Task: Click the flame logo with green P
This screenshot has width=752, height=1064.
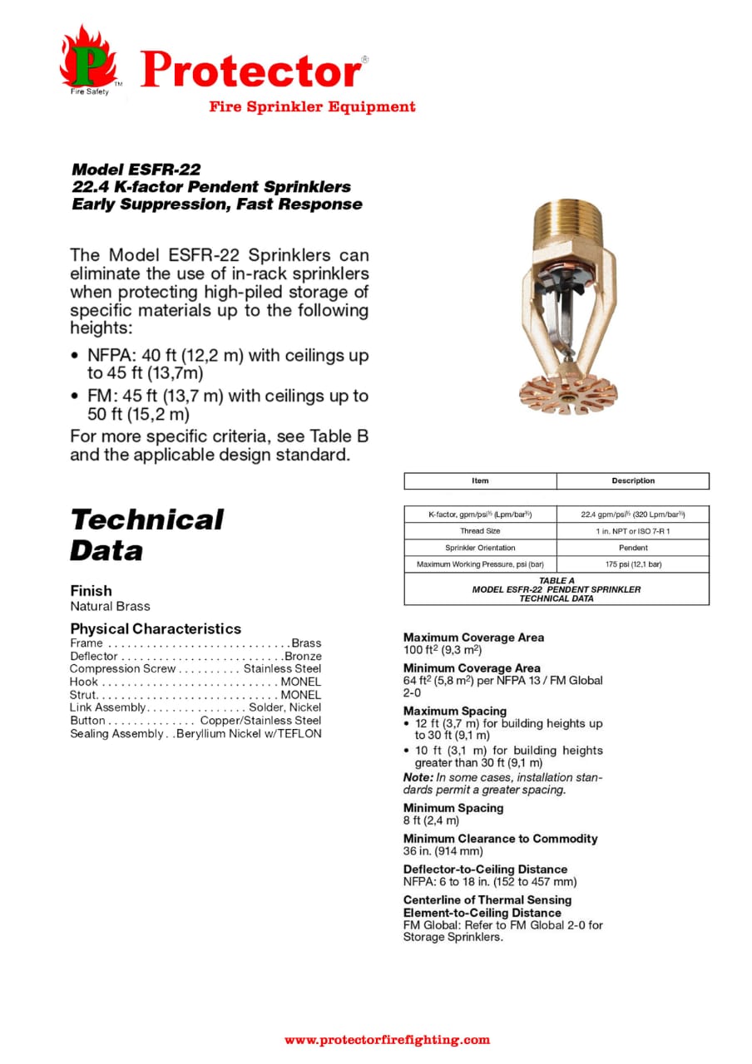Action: click(87, 60)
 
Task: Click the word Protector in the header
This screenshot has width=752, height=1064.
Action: click(251, 70)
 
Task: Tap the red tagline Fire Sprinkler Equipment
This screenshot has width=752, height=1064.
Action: click(312, 106)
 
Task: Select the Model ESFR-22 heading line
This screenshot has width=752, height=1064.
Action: click(136, 170)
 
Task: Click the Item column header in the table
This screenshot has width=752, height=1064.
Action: click(480, 480)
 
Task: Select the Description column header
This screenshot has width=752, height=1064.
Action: click(632, 480)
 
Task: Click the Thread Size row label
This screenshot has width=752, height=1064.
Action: click(480, 531)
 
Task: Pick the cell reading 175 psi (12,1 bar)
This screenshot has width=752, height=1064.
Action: click(632, 564)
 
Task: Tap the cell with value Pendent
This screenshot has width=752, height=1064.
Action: click(632, 548)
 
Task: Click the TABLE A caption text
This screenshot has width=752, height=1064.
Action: click(557, 580)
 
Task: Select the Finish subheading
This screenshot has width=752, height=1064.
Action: click(91, 591)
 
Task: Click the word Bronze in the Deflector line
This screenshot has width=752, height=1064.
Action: click(303, 656)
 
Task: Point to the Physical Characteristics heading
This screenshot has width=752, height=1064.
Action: click(156, 628)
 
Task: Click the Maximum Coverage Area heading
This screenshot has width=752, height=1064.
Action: click(473, 638)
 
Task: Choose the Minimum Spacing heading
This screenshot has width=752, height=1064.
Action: click(453, 808)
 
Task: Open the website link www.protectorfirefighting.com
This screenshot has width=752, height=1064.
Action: click(387, 1039)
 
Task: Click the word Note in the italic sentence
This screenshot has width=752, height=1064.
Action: click(417, 777)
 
